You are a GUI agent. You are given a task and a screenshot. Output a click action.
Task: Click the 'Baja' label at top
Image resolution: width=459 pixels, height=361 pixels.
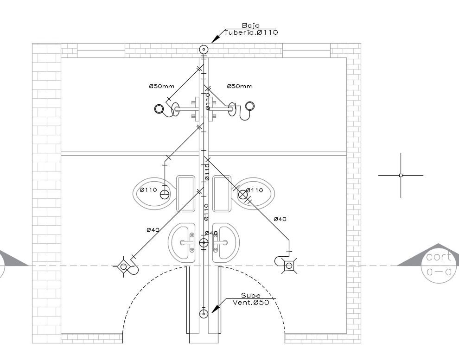pyautogui.click(x=250, y=26)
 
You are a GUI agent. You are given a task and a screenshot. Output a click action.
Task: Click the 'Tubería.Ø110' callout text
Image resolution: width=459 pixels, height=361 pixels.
pyautogui.click(x=251, y=32)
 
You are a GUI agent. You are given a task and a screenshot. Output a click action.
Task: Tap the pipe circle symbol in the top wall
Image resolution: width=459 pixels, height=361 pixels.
pyautogui.click(x=204, y=50)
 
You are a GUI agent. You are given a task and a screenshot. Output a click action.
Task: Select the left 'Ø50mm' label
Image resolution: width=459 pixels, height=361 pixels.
pyautogui.click(x=162, y=86)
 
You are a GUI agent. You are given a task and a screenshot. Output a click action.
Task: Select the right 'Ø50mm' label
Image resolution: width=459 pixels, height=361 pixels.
pyautogui.click(x=239, y=86)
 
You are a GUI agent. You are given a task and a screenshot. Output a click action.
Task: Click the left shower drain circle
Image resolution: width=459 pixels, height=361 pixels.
pyautogui.click(x=159, y=109)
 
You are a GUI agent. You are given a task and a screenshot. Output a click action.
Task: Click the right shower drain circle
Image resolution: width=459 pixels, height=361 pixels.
pyautogui.click(x=250, y=106)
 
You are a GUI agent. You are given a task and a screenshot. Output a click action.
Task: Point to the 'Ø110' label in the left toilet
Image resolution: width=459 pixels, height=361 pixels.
pyautogui.click(x=148, y=190)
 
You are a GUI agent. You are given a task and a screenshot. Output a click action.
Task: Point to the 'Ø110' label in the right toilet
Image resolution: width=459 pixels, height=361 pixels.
pyautogui.click(x=255, y=190)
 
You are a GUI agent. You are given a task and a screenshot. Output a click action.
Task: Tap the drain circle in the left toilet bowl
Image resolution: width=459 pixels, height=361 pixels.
pyautogui.click(x=165, y=194)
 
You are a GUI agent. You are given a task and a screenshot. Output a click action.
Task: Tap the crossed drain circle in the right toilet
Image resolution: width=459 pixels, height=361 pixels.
pyautogui.click(x=242, y=194)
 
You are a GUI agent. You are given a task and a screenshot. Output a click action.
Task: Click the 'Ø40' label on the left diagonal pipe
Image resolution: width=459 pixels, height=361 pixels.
pyautogui.click(x=153, y=230)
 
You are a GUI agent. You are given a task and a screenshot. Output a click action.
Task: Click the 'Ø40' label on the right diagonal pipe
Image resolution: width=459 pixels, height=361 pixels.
pyautogui.click(x=280, y=219)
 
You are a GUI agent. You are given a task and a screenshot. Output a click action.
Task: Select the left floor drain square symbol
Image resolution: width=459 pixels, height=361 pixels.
pyautogui.click(x=123, y=266)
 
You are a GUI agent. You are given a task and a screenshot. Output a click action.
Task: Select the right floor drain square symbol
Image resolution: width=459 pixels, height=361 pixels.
pyautogui.click(x=289, y=266)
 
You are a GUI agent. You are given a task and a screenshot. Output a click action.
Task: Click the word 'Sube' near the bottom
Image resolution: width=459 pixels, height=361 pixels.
pyautogui.click(x=250, y=296)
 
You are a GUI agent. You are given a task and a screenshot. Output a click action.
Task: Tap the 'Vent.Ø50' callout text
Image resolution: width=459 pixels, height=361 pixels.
pyautogui.click(x=251, y=303)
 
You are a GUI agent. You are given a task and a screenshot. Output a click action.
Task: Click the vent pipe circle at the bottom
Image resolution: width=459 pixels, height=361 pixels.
pyautogui.click(x=204, y=314)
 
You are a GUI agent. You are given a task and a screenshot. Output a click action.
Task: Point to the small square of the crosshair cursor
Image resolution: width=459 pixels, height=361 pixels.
pyautogui.click(x=401, y=175)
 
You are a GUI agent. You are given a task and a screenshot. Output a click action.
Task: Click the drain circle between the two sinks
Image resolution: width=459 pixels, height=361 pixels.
pyautogui.click(x=204, y=242)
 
